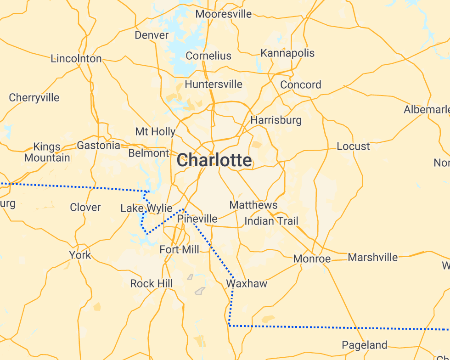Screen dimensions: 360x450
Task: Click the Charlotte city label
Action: [x=214, y=161]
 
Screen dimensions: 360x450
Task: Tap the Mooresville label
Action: [x=224, y=14]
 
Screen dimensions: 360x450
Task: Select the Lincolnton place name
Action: [x=76, y=58]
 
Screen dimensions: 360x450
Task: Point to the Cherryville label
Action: [x=34, y=97]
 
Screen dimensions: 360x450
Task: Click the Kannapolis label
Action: [x=287, y=53]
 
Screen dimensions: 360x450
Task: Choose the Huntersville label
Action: [x=214, y=84]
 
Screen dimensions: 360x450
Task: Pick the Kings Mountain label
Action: [x=47, y=152]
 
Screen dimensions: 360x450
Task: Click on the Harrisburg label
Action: [x=276, y=120]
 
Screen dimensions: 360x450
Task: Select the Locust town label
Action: [x=353, y=146]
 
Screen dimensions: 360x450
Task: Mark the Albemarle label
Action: [x=426, y=110]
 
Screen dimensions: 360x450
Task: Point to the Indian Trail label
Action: [x=271, y=221]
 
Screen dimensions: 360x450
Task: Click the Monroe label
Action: [x=312, y=259]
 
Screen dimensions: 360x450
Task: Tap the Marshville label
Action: [x=372, y=257]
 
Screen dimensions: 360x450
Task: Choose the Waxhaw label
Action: [x=247, y=283]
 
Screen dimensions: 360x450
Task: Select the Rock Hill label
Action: [x=152, y=283]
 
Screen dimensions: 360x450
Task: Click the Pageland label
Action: [x=365, y=345]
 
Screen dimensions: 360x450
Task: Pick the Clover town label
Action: [x=85, y=208]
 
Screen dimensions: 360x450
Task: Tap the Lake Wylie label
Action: [x=146, y=208]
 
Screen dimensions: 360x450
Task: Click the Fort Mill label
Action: [x=179, y=249]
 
